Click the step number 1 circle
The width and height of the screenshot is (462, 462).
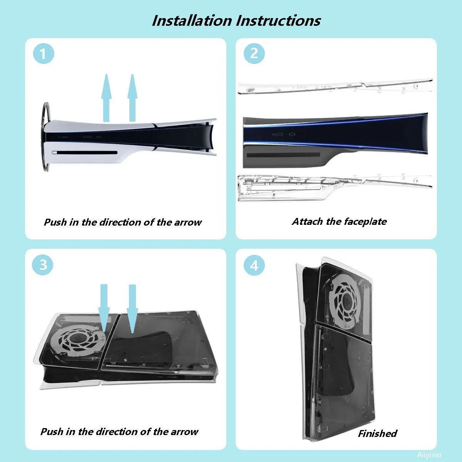[44, 54]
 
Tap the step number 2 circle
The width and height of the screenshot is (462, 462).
[254, 54]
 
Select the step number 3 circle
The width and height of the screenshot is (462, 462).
[43, 265]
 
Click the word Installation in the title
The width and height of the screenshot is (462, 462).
[192, 21]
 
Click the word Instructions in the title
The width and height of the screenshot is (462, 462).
[278, 21]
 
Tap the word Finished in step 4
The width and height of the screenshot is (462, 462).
[377, 434]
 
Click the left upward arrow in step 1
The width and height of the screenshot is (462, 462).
[106, 98]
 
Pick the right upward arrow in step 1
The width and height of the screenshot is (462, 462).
[132, 98]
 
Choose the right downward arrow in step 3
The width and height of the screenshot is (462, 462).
[132, 309]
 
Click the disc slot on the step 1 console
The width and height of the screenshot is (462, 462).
[85, 152]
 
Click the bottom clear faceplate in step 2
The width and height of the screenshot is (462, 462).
[335, 187]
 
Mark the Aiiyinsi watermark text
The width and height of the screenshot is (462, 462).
[429, 455]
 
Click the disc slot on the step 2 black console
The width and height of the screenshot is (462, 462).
[283, 155]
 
